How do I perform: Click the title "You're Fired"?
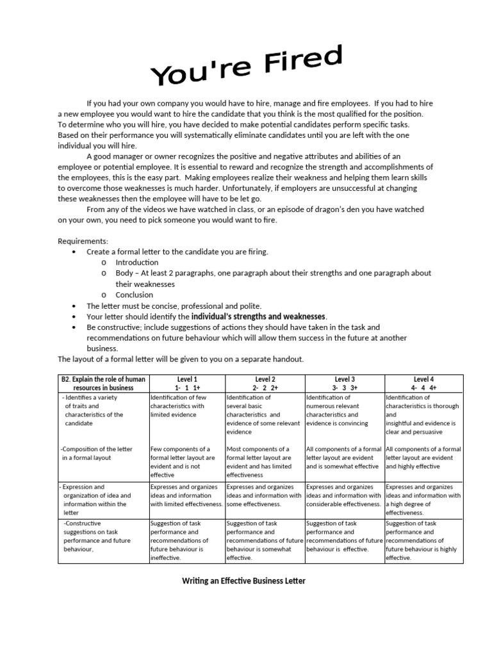click(x=247, y=67)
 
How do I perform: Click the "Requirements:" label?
click(x=83, y=241)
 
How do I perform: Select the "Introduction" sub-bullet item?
click(x=136, y=263)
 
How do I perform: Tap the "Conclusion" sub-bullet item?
click(x=134, y=295)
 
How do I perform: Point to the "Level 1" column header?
click(x=187, y=379)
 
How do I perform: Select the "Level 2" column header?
click(x=265, y=379)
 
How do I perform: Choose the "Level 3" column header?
click(x=345, y=379)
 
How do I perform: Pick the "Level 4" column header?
click(x=423, y=379)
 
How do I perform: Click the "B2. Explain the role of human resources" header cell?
click(x=103, y=383)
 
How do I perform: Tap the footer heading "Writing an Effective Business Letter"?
click(x=244, y=581)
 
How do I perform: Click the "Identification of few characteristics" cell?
click(x=177, y=406)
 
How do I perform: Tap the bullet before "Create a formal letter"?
click(x=75, y=252)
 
